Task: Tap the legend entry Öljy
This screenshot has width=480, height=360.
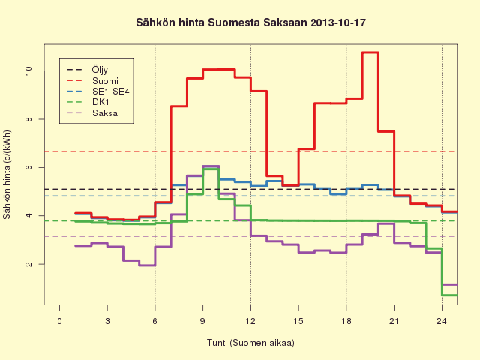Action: pyautogui.click(x=100, y=70)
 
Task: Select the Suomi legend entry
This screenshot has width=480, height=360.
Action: pyautogui.click(x=105, y=81)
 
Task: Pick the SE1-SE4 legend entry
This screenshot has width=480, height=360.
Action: pyautogui.click(x=111, y=91)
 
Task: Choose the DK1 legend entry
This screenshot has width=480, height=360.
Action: pyautogui.click(x=100, y=102)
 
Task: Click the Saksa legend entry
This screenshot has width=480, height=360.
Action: pyautogui.click(x=105, y=113)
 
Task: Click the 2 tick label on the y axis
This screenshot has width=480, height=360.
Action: pyautogui.click(x=28, y=264)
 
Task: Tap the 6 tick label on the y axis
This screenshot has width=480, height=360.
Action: pyautogui.click(x=28, y=167)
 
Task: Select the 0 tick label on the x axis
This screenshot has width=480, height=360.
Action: pyautogui.click(x=60, y=321)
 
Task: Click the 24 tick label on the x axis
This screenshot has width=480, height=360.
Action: pyautogui.click(x=442, y=321)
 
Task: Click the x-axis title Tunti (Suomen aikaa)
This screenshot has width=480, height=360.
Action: pyautogui.click(x=250, y=343)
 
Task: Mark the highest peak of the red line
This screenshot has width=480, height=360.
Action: pyautogui.click(x=370, y=52)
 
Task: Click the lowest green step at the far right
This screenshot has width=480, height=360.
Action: pyautogui.click(x=450, y=295)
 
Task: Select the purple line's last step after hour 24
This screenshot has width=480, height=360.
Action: pyautogui.click(x=450, y=285)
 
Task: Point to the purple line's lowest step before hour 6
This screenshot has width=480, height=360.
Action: pyautogui.click(x=147, y=265)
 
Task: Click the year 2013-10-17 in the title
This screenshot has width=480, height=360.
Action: pyautogui.click(x=338, y=22)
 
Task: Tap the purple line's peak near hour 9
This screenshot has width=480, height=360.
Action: pyautogui.click(x=211, y=166)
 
